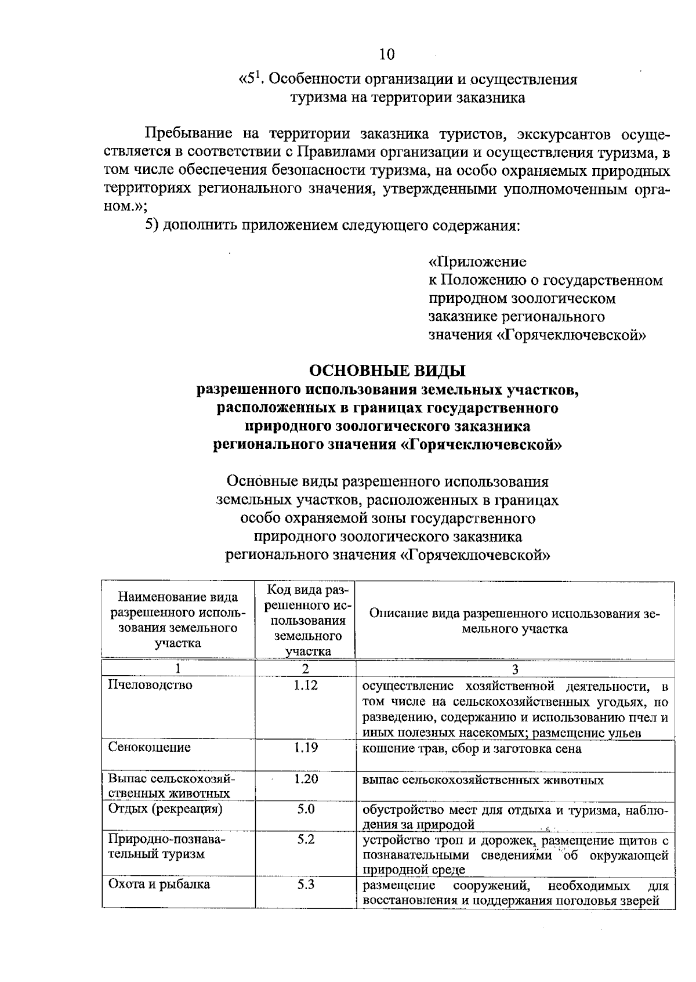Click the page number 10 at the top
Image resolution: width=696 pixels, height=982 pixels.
click(387, 55)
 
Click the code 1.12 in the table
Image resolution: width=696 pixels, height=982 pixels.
click(306, 686)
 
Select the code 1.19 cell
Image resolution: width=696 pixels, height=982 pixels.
click(306, 747)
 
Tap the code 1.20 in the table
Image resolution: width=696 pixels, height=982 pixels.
click(306, 779)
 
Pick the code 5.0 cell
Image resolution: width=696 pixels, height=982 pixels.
click(306, 809)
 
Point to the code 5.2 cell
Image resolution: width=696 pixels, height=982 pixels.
click(306, 839)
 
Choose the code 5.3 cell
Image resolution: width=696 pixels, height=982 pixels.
click(306, 885)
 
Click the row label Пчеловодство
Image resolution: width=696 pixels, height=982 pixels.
click(150, 685)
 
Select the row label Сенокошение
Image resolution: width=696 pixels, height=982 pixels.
click(150, 747)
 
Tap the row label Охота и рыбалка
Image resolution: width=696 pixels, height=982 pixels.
click(159, 885)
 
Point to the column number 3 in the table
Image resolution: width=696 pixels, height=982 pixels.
click(515, 669)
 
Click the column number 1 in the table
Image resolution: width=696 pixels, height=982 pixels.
click(178, 669)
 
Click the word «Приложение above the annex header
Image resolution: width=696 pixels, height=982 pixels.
click(477, 262)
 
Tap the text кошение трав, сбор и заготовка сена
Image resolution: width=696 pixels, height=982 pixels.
click(472, 749)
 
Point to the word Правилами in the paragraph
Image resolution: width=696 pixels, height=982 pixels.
click(334, 153)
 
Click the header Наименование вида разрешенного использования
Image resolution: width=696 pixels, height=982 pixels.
click(178, 620)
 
